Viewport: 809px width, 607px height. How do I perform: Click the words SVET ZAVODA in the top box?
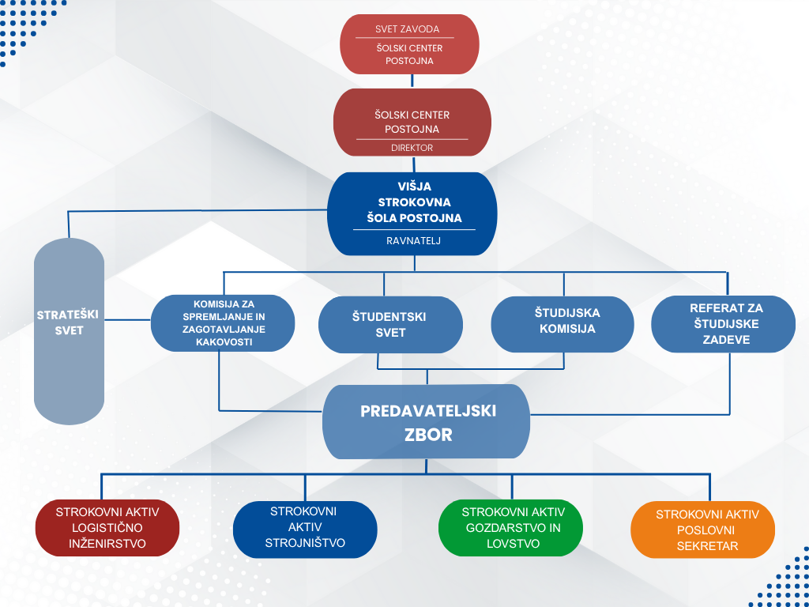pyautogui.click(x=408, y=29)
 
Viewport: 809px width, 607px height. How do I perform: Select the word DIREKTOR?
pyautogui.click(x=412, y=148)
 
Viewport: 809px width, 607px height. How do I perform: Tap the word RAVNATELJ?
pyautogui.click(x=413, y=240)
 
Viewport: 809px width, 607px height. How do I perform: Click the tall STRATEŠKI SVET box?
pyautogui.click(x=70, y=331)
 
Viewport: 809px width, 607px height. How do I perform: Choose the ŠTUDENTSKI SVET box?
pyautogui.click(x=390, y=325)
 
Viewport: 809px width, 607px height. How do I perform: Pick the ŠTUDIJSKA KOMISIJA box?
pyautogui.click(x=563, y=324)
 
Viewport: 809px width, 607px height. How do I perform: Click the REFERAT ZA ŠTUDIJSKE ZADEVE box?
pyautogui.click(x=724, y=324)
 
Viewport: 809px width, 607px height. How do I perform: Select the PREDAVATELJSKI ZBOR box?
pyautogui.click(x=426, y=422)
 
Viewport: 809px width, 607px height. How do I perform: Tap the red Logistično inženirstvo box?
pyautogui.click(x=107, y=528)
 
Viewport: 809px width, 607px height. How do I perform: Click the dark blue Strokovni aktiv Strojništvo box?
pyautogui.click(x=305, y=529)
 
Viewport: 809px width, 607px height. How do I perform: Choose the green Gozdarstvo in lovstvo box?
pyautogui.click(x=511, y=528)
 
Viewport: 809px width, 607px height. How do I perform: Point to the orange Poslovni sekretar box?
pyautogui.click(x=702, y=530)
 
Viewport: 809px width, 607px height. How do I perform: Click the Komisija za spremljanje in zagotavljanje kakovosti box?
pyautogui.click(x=223, y=323)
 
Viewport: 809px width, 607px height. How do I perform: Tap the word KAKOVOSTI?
pyautogui.click(x=224, y=342)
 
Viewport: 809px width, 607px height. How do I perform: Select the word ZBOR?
pyautogui.click(x=429, y=435)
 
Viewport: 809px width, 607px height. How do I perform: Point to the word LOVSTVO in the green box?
pyautogui.click(x=513, y=544)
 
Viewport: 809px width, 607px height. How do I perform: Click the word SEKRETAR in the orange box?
pyautogui.click(x=707, y=545)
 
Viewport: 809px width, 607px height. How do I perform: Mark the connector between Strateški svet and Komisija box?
pyautogui.click(x=128, y=319)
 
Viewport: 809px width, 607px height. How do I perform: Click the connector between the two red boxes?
pyautogui.click(x=412, y=81)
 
